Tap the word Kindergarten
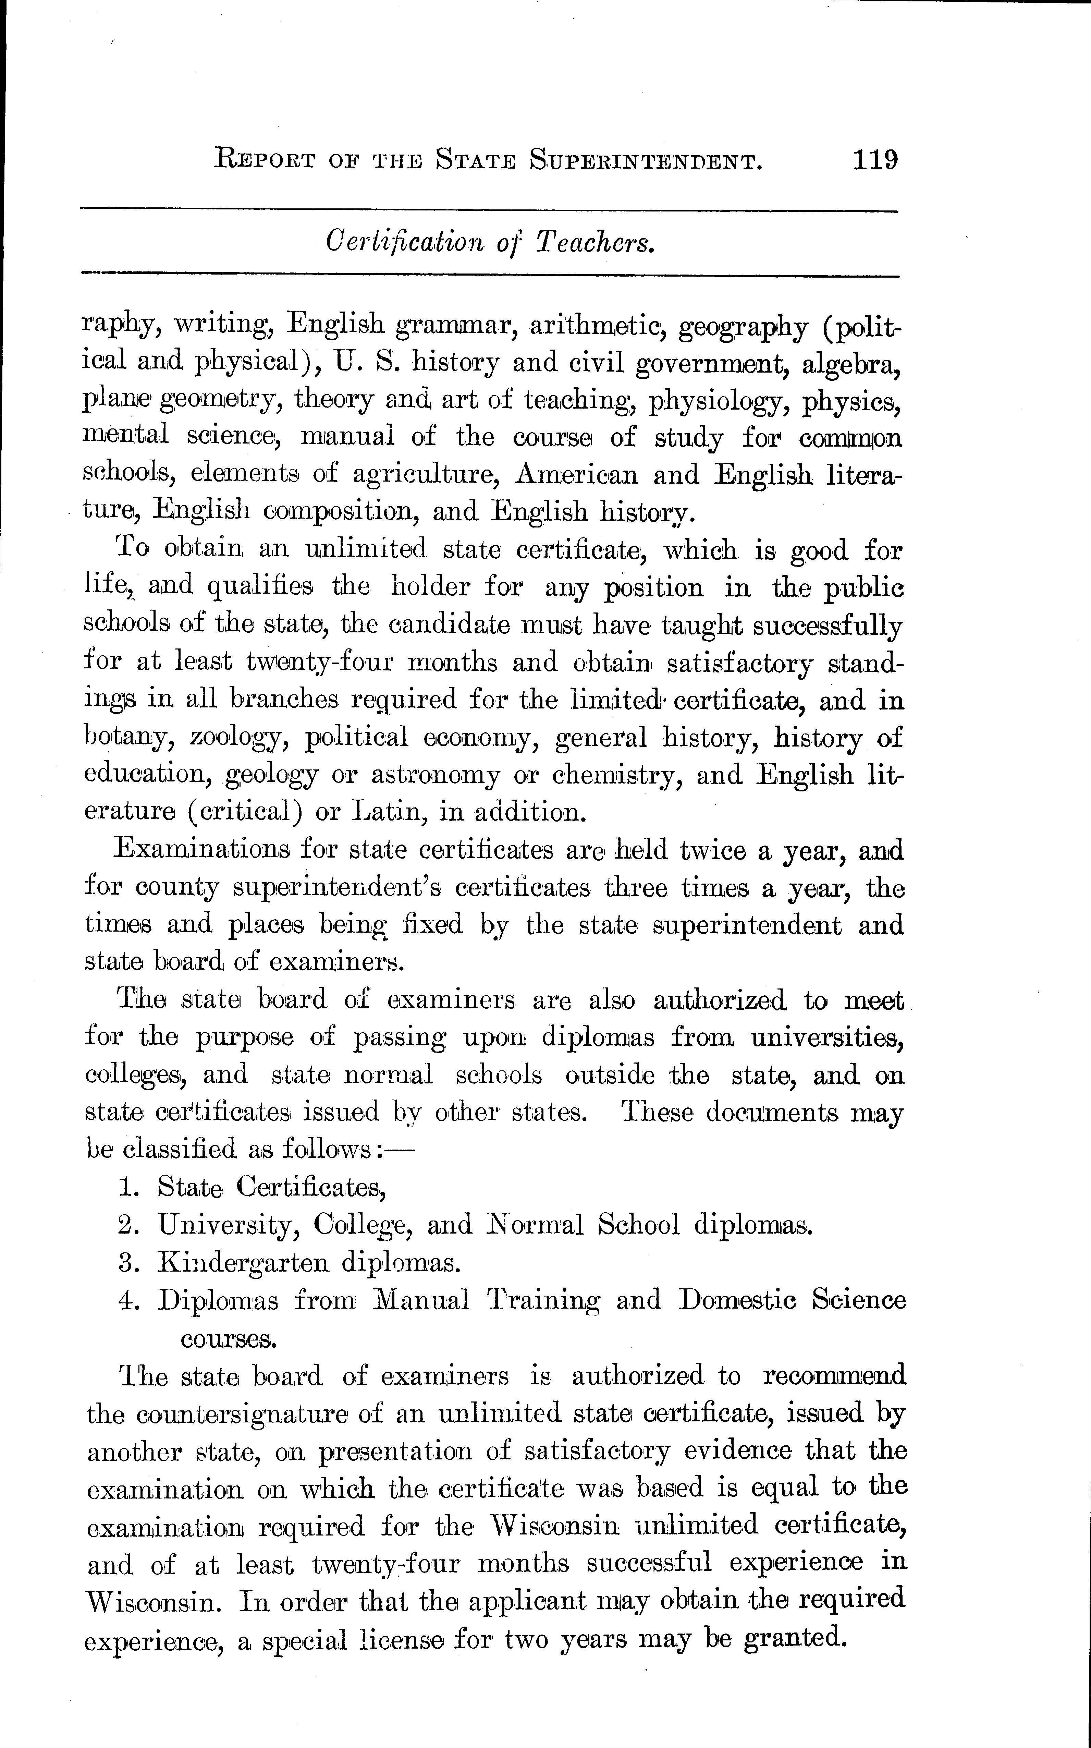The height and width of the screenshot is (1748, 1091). click(242, 1263)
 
